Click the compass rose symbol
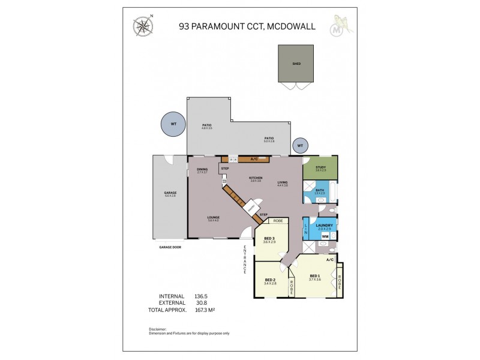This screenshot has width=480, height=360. (143, 26)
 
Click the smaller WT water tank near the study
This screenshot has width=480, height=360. (299, 145)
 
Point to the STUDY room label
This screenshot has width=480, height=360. (320, 167)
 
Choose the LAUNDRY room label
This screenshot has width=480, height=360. (324, 225)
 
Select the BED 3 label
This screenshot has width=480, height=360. (269, 238)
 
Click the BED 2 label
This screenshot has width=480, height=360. (270, 280)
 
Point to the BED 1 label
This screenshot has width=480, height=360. (315, 276)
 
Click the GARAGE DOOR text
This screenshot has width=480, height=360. (170, 247)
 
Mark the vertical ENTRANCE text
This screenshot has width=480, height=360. (245, 259)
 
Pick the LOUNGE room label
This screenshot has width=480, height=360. (213, 217)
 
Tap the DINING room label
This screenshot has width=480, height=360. (202, 169)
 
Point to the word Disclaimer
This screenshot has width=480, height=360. (158, 329)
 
